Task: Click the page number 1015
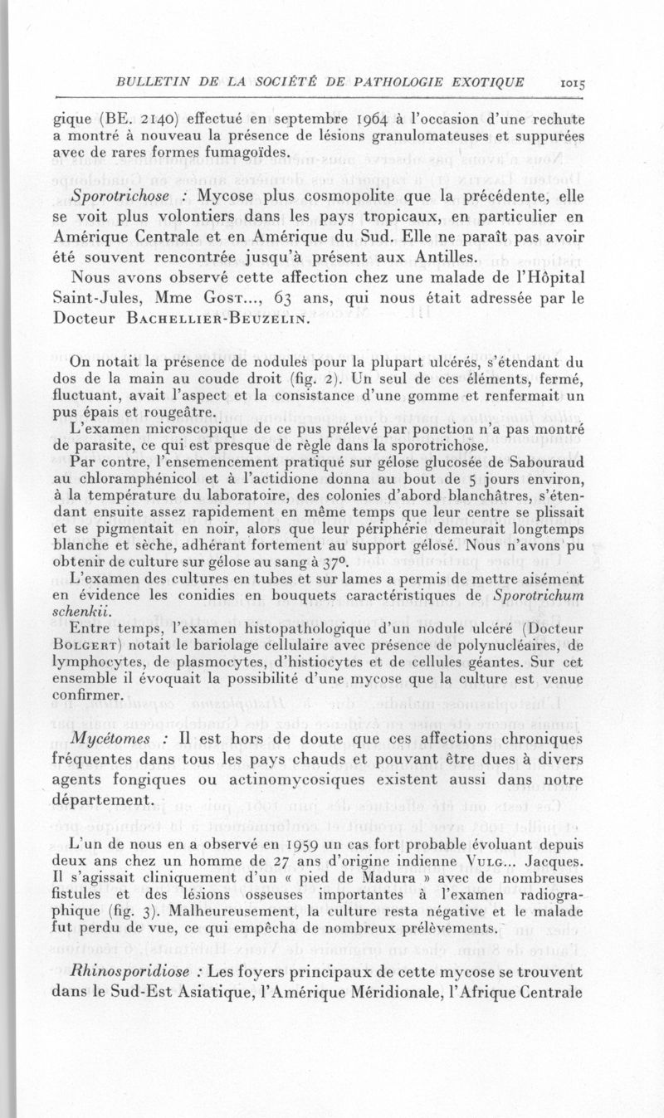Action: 572,82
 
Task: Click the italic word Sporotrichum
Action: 539,595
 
